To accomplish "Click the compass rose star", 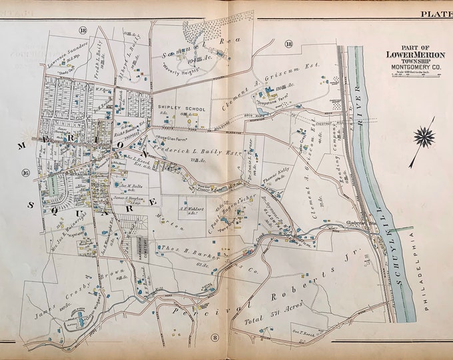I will pos(423,137).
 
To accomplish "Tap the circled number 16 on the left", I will pos(26,173).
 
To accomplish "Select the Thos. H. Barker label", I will pos(185,248).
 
